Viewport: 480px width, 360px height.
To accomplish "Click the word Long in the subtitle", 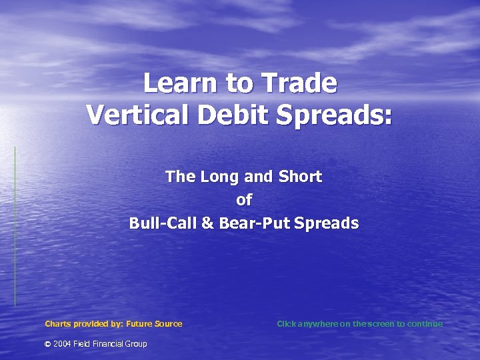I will pyautogui.click(x=225, y=177).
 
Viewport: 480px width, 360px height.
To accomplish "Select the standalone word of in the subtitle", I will pyautogui.click(x=244, y=199).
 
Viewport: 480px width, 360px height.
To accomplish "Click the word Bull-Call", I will pyautogui.click(x=163, y=223).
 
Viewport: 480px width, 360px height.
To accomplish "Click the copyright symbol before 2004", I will pyautogui.click(x=47, y=344).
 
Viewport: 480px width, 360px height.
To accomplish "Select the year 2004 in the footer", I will pyautogui.click(x=62, y=344).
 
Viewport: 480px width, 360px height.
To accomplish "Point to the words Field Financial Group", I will pyautogui.click(x=110, y=344).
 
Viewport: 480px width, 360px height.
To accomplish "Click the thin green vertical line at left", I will pyautogui.click(x=15, y=227).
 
